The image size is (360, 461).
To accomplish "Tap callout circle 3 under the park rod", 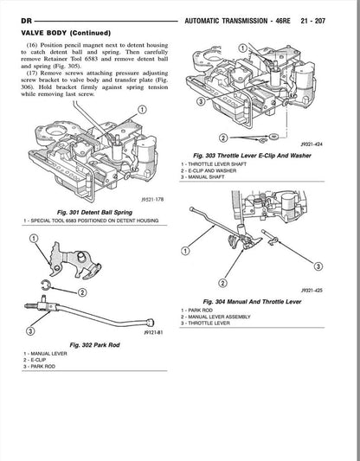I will point(31,330).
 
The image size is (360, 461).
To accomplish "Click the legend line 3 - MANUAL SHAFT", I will point(211,177).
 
